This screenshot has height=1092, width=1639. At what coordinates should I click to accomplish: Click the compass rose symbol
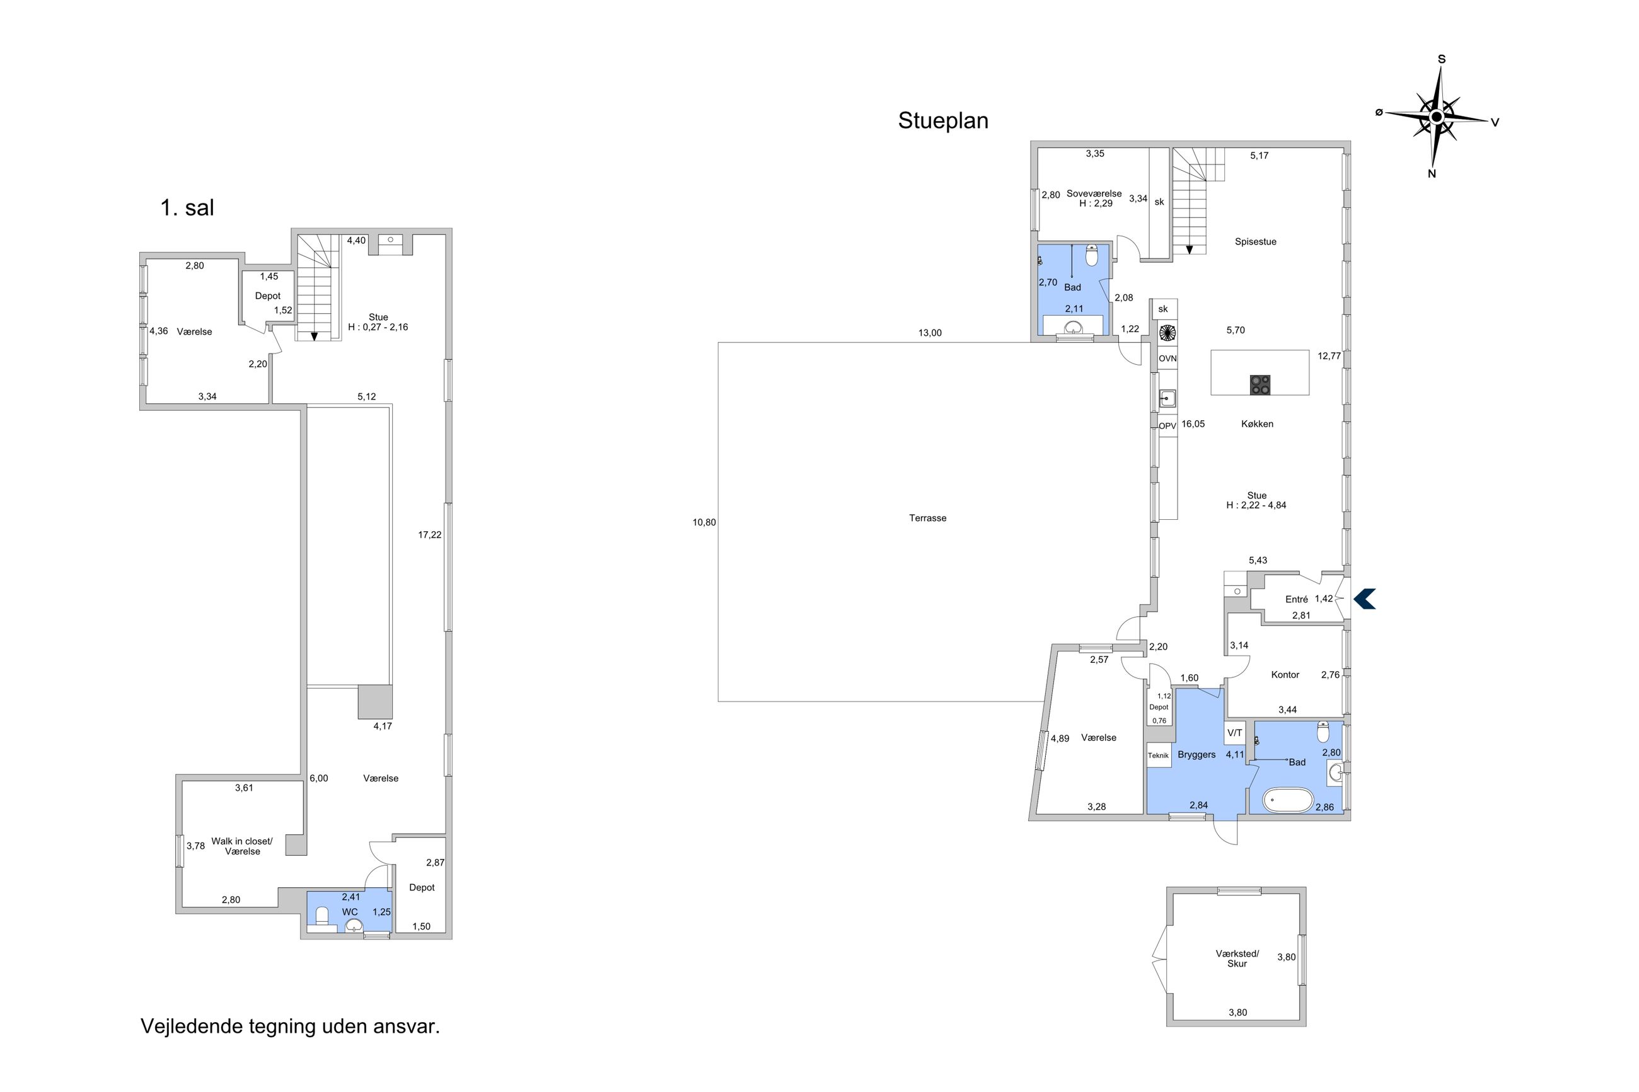pyautogui.click(x=1436, y=118)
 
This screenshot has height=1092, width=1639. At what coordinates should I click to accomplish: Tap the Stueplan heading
pyautogui.click(x=942, y=121)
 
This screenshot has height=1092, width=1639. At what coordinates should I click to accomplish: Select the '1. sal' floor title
pyautogui.click(x=187, y=207)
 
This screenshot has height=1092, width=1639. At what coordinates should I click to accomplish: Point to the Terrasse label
pyautogui.click(x=927, y=518)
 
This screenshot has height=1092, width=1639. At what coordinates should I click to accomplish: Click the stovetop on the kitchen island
pyautogui.click(x=1260, y=385)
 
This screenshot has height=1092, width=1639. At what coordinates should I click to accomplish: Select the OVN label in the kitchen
pyautogui.click(x=1167, y=359)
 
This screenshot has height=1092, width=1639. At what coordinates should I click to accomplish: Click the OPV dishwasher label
pyautogui.click(x=1167, y=426)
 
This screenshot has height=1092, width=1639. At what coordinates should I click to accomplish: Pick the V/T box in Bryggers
pyautogui.click(x=1235, y=733)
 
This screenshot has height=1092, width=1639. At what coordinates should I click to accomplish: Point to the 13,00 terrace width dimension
pyautogui.click(x=929, y=333)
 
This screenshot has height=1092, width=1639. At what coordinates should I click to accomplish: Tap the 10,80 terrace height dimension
pyautogui.click(x=704, y=522)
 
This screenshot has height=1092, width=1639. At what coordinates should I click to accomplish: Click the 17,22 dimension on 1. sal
pyautogui.click(x=429, y=535)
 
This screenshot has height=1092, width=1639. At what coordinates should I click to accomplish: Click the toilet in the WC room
pyautogui.click(x=321, y=914)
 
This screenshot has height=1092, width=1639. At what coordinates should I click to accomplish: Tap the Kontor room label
pyautogui.click(x=1285, y=675)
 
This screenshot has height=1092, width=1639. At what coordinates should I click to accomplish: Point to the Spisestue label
pyautogui.click(x=1255, y=243)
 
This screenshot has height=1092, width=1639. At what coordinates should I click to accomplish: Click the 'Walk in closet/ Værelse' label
pyautogui.click(x=243, y=846)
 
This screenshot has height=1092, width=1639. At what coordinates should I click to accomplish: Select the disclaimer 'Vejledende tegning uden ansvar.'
pyautogui.click(x=291, y=1026)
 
